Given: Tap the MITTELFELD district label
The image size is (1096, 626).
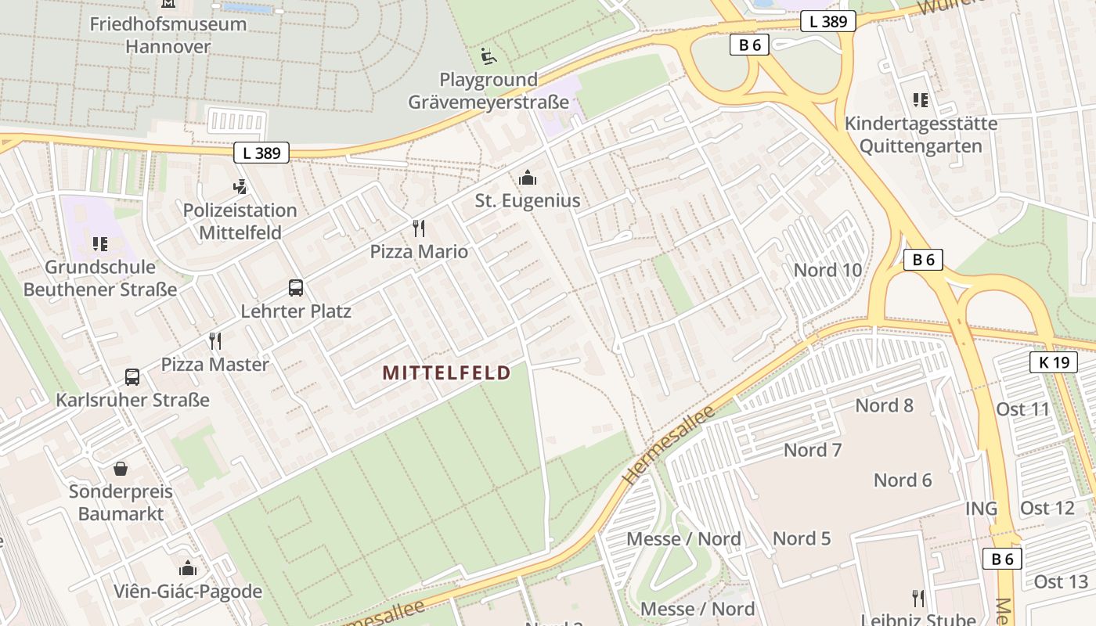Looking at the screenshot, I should point(446,373).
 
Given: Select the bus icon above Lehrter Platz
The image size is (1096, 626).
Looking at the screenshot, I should point(295,287).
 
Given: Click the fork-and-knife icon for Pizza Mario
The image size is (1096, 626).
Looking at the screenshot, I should point(419,228).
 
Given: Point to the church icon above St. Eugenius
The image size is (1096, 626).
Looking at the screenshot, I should point(528,178).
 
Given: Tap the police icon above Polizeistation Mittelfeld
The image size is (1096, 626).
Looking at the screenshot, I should point(240,187).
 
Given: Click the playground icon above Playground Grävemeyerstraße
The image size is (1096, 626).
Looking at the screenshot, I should point(488,56).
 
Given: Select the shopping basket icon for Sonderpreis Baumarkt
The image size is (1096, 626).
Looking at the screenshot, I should point(121,469).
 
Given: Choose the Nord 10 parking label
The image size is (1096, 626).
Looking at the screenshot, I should point(827,270).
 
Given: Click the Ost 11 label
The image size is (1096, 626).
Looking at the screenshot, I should point(1022,408).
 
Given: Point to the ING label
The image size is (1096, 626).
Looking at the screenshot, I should point(981,509).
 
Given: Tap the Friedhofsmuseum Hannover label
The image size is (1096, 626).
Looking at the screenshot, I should point(168,34).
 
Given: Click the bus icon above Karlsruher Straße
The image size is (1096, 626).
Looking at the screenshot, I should point(132,377).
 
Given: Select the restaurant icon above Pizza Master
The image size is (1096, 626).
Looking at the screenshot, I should point(215,341).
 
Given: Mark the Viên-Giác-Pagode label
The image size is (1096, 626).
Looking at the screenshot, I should point(188,591).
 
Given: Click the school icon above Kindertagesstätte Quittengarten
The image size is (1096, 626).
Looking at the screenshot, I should point(921,100).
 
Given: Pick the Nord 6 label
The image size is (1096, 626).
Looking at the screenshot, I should point(903,480).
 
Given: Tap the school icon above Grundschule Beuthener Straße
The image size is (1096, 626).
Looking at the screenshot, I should point(100,244).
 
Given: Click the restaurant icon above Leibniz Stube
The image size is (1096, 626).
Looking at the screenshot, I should point(918,599).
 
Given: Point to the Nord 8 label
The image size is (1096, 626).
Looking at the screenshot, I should point(884,405).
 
